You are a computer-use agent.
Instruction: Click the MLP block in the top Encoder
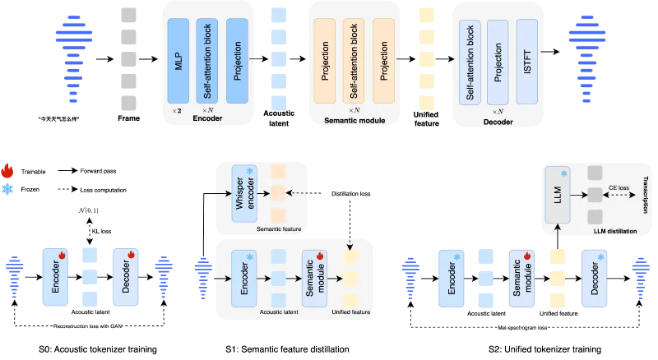178,62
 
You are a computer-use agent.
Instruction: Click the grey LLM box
558,195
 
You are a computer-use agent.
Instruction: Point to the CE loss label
619,188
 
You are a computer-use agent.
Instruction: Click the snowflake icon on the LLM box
563,174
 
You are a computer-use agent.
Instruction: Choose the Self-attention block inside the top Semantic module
354,62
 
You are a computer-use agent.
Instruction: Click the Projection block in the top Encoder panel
237,62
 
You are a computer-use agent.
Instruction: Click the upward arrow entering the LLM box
558,234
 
